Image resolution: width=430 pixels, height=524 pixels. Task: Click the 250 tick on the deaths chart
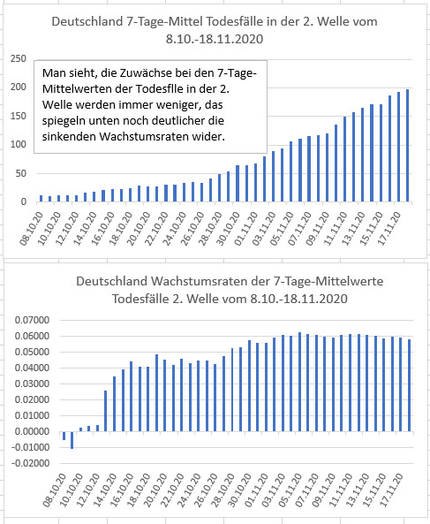pos(19,59)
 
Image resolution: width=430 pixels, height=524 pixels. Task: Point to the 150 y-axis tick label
pos(19,117)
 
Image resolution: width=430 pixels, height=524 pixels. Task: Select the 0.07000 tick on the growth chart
pos(32,320)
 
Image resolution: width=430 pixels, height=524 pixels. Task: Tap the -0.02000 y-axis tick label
pos(30,464)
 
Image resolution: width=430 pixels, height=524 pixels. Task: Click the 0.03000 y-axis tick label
pos(32,384)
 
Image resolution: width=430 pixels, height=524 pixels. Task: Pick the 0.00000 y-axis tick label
pos(32,431)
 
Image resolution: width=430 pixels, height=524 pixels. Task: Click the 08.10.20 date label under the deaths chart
pos(32,229)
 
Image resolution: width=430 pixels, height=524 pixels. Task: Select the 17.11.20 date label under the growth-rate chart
pos(392,490)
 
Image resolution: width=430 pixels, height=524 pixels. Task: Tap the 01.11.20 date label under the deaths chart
pos(246,229)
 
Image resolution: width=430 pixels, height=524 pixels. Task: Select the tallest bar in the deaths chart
pos(407,146)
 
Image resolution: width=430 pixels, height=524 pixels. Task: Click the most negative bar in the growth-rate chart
pos(72,440)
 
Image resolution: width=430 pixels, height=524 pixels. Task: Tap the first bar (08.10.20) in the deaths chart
pos(41,199)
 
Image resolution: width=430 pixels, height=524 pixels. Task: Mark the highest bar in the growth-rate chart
pos(299,382)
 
